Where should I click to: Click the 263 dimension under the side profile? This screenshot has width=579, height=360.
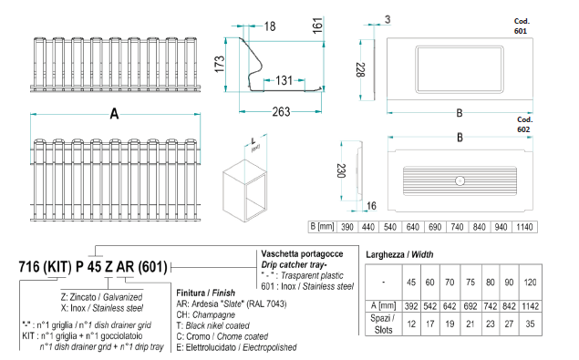pos(281,111)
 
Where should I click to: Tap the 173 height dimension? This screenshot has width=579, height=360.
pos(220,64)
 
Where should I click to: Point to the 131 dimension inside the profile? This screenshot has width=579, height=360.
pos(284,80)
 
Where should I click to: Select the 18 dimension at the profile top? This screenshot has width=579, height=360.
pos(270,26)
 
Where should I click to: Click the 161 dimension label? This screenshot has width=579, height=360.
pos(317,26)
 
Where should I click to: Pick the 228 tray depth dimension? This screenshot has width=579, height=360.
pos(361,70)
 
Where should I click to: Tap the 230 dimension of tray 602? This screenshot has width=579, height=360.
pos(341,171)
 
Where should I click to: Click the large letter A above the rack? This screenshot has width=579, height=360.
pos(115,114)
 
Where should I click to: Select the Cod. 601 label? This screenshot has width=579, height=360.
pos(522,26)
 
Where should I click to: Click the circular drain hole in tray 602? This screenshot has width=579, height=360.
pos(460,181)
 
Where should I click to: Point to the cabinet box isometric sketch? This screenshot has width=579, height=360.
pos(244,190)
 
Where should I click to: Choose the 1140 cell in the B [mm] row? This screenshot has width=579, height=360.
pos(524,227)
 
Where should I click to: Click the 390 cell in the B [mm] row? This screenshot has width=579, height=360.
pos(347,227)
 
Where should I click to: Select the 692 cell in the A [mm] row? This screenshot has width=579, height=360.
pos(470,306)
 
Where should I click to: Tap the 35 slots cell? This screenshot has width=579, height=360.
pos(530,324)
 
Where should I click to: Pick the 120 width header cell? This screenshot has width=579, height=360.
pos(530,283)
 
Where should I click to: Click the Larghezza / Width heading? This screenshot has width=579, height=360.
pos(399,254)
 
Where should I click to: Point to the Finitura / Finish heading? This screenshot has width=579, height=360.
pos(206,293)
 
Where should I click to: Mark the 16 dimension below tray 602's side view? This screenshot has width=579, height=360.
pos(371,206)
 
